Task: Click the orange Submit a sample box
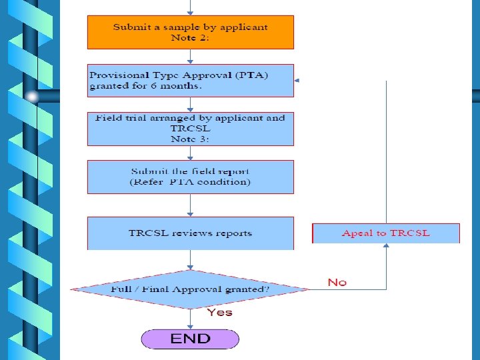(190, 32)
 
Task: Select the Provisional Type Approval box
(190, 80)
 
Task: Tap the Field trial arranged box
(190, 128)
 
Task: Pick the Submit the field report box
(190, 177)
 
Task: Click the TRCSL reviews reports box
(190, 233)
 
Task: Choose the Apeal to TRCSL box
(386, 233)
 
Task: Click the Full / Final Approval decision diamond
(190, 289)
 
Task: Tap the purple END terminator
(190, 338)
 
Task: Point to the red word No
(337, 283)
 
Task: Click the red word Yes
(219, 312)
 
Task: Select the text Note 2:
(191, 38)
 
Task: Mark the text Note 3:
(191, 139)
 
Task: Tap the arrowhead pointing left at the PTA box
(297, 80)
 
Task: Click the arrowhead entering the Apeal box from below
(386, 246)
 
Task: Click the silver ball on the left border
(32, 97)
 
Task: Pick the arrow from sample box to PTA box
(191, 57)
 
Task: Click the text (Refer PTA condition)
(190, 182)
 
